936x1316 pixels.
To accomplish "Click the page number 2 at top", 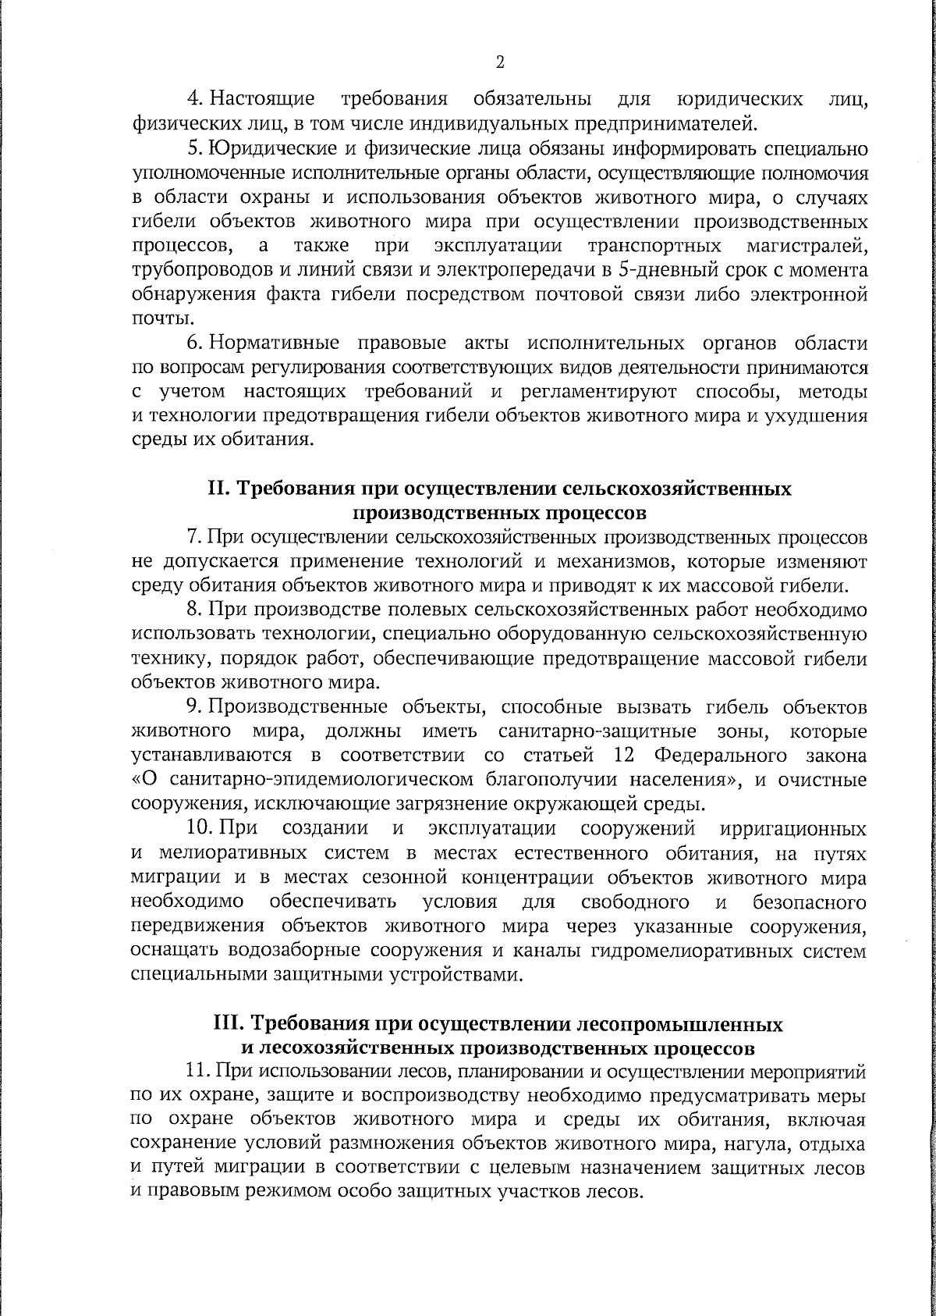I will pyautogui.click(x=499, y=63).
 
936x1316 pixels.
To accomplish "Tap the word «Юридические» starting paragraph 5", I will pyautogui.click(x=264, y=148).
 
